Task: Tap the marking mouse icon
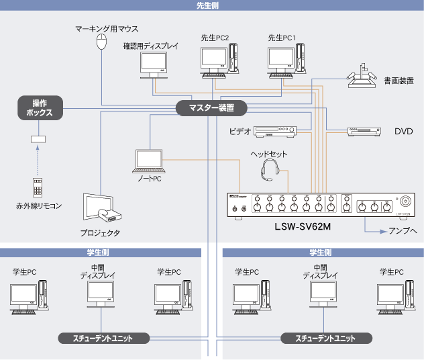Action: pyautogui.click(x=102, y=42)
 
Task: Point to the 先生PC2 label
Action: pyautogui.click(x=215, y=38)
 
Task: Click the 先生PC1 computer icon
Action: pyautogui.click(x=286, y=60)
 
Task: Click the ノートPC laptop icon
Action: pyautogui.click(x=148, y=161)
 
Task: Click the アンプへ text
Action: pyautogui.click(x=403, y=230)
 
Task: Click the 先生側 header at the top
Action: pyautogui.click(x=211, y=5)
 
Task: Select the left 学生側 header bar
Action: pyautogui.click(x=101, y=253)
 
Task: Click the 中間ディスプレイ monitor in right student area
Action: pyautogui.click(x=323, y=293)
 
